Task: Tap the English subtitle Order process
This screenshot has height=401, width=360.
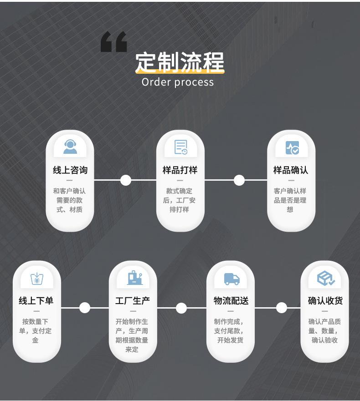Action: click(x=177, y=82)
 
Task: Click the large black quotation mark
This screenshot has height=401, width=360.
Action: click(x=113, y=42)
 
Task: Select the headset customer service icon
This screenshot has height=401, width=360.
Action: click(x=70, y=147)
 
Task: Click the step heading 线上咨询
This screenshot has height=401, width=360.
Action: click(x=70, y=170)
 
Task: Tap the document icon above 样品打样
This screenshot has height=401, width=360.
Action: click(x=180, y=147)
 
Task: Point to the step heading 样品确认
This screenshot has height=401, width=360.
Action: click(x=291, y=170)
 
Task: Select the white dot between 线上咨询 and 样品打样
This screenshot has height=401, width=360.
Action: click(x=126, y=180)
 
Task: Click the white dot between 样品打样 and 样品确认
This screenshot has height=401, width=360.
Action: click(x=239, y=180)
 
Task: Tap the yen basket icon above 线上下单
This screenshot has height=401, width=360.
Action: click(x=36, y=279)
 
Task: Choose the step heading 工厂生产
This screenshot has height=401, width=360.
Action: click(x=133, y=301)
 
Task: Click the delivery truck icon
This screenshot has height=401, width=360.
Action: click(x=231, y=279)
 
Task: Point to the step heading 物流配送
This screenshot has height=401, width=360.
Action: click(x=231, y=301)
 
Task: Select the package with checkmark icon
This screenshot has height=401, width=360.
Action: click(x=325, y=279)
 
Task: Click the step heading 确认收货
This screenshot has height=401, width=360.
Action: click(x=325, y=301)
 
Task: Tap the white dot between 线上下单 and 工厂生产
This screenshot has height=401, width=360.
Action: click(x=85, y=308)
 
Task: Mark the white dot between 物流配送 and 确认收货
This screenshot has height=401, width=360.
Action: click(x=282, y=308)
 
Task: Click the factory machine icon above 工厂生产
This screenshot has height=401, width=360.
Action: click(x=134, y=278)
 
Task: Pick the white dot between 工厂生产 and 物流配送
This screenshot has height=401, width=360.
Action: click(x=181, y=308)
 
